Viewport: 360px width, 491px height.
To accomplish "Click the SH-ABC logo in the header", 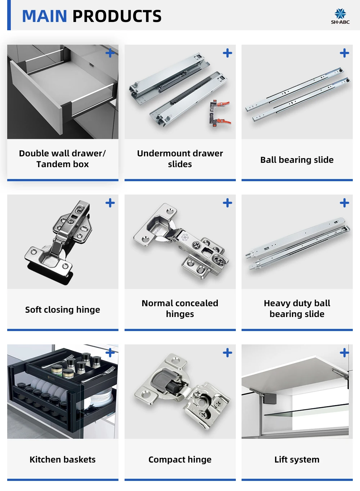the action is tap(340, 16).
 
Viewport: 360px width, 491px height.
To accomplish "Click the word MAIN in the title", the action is tap(45, 16).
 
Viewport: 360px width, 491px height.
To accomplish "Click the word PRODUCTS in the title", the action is tap(117, 16).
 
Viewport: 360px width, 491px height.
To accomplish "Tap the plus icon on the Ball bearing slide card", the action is tap(345, 53).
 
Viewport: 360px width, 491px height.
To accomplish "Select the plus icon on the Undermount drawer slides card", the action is tap(228, 53).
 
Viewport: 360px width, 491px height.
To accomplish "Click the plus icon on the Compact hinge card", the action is tap(228, 353).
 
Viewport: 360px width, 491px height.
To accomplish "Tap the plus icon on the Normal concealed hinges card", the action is tap(228, 203).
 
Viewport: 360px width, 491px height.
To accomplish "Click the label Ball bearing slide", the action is tap(297, 160).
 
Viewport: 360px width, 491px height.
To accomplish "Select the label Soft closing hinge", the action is tap(63, 310).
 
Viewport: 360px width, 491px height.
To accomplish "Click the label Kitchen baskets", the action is tap(63, 459).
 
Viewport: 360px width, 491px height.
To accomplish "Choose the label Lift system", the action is tap(297, 459).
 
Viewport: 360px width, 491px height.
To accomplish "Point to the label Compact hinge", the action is tap(180, 460).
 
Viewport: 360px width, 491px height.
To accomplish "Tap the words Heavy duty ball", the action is tap(297, 303).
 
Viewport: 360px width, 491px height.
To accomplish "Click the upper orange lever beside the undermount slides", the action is tap(223, 103).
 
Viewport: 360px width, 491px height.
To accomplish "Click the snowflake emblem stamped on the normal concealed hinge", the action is tap(185, 237).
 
